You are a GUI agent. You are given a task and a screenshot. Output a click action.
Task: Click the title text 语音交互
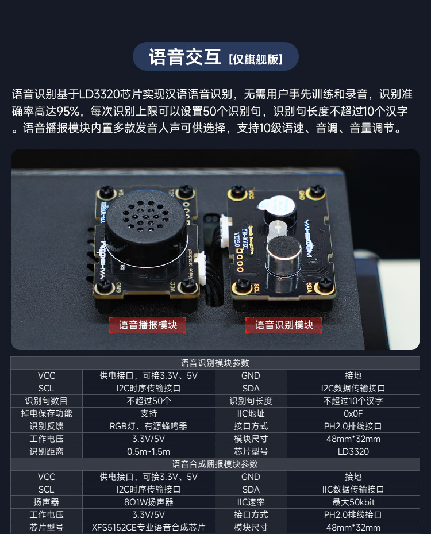click(x=184, y=57)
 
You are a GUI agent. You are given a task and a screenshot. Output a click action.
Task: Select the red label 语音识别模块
click(x=284, y=325)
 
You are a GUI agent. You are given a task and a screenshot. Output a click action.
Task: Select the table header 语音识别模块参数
click(x=215, y=363)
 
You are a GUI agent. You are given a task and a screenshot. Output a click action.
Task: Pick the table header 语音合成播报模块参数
click(x=215, y=464)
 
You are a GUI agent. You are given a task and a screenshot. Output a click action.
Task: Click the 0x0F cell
click(x=353, y=413)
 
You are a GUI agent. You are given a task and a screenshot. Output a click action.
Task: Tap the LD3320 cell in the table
click(x=353, y=451)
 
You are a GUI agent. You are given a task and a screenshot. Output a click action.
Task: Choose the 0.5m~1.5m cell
click(x=148, y=451)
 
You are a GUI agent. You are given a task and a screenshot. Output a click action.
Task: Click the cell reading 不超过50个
click(x=148, y=401)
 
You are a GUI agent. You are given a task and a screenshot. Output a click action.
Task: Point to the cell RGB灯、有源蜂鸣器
click(x=148, y=426)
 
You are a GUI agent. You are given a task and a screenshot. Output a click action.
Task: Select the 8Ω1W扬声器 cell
click(x=148, y=502)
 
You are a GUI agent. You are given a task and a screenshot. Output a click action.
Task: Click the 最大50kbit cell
click(x=353, y=502)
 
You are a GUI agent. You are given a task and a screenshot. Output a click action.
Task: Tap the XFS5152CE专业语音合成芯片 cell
click(x=148, y=527)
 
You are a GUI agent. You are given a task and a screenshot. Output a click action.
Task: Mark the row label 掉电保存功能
click(x=47, y=413)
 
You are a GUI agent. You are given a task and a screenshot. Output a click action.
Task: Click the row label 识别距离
click(x=47, y=451)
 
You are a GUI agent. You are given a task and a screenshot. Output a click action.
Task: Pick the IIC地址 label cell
click(x=251, y=413)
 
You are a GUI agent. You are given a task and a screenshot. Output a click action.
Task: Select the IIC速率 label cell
click(x=251, y=502)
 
